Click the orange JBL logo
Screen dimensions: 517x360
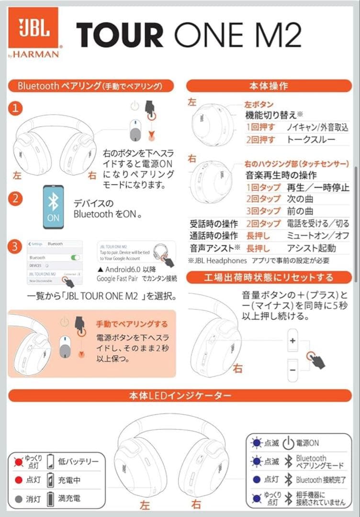click(x=34, y=28)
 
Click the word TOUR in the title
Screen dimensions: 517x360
click(x=120, y=34)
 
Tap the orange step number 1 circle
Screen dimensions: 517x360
click(x=16, y=109)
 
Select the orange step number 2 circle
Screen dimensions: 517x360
click(x=16, y=198)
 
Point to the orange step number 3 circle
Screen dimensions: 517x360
click(x=16, y=247)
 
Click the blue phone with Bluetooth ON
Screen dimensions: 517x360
click(x=53, y=206)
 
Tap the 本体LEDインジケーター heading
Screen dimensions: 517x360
click(x=180, y=396)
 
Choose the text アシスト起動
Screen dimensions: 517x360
click(x=311, y=248)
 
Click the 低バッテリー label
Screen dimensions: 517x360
click(x=78, y=461)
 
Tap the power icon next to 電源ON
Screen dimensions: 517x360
click(x=288, y=443)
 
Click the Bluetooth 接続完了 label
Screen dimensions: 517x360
click(x=321, y=480)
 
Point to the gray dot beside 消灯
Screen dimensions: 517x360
click(x=19, y=499)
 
